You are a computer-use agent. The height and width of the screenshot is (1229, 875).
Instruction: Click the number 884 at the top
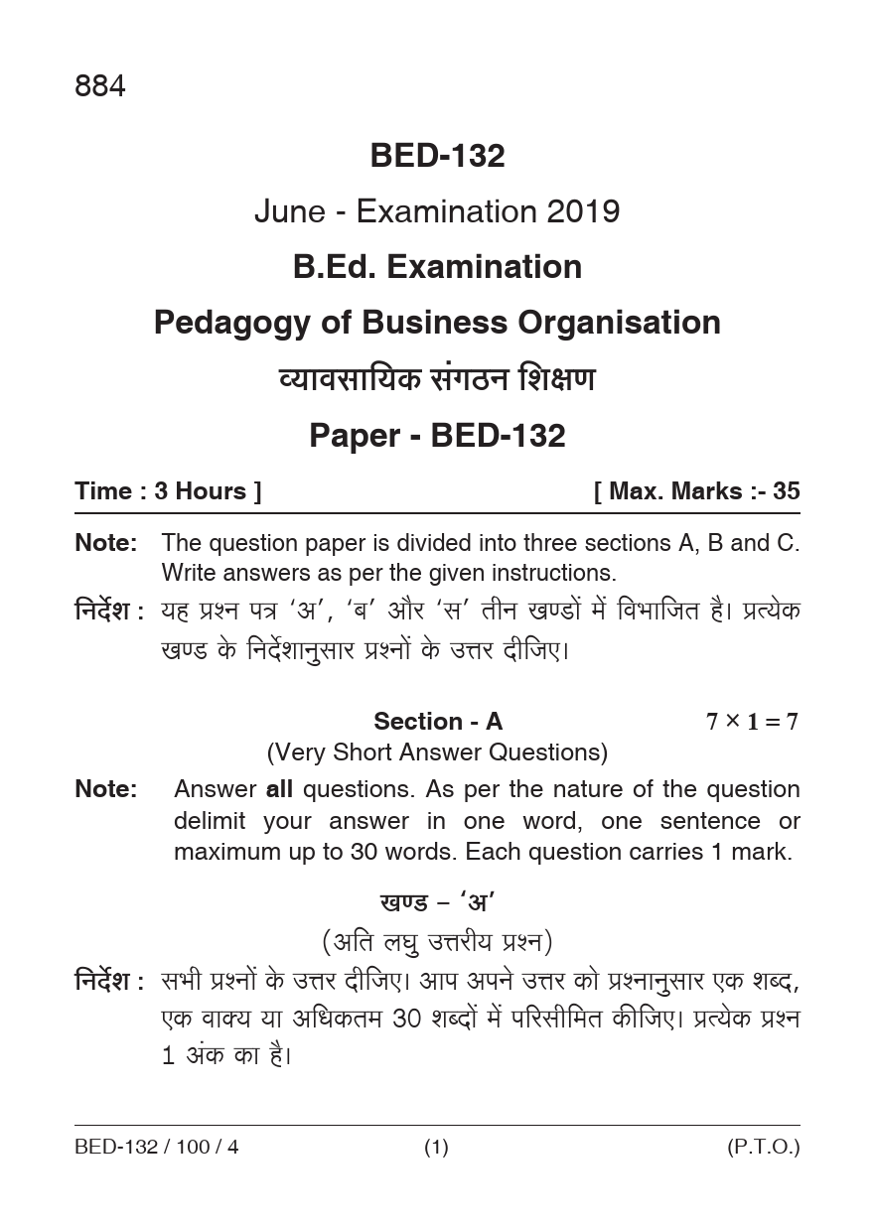pyautogui.click(x=100, y=87)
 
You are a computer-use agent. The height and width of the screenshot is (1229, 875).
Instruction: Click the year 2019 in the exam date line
pyautogui.click(x=582, y=211)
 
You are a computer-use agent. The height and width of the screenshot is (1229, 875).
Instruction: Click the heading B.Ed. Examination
pyautogui.click(x=437, y=267)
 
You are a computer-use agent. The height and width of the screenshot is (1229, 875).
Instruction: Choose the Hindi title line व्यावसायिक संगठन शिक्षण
pyautogui.click(x=437, y=379)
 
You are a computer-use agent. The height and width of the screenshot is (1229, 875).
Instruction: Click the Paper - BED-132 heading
pyautogui.click(x=437, y=436)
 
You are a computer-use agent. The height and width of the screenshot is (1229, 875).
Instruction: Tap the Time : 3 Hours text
pyautogui.click(x=168, y=491)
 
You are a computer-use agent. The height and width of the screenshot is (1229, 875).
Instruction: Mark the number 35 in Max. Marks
pyautogui.click(x=786, y=491)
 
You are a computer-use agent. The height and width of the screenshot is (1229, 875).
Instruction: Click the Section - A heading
pyautogui.click(x=438, y=722)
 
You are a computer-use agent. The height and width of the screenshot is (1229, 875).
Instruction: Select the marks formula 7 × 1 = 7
pyautogui.click(x=752, y=722)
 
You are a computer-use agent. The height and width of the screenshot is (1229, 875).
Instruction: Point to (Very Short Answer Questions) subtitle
pyautogui.click(x=437, y=752)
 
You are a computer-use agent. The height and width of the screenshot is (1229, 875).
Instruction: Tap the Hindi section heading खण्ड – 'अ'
pyautogui.click(x=437, y=903)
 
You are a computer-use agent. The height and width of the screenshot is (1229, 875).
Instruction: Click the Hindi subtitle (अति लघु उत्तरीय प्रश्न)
pyautogui.click(x=437, y=940)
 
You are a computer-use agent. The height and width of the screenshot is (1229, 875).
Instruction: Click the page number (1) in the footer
pyautogui.click(x=437, y=1148)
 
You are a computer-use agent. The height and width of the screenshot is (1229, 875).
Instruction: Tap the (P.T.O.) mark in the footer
pyautogui.click(x=763, y=1148)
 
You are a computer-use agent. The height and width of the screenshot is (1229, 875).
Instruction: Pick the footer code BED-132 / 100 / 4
pyautogui.click(x=157, y=1148)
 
